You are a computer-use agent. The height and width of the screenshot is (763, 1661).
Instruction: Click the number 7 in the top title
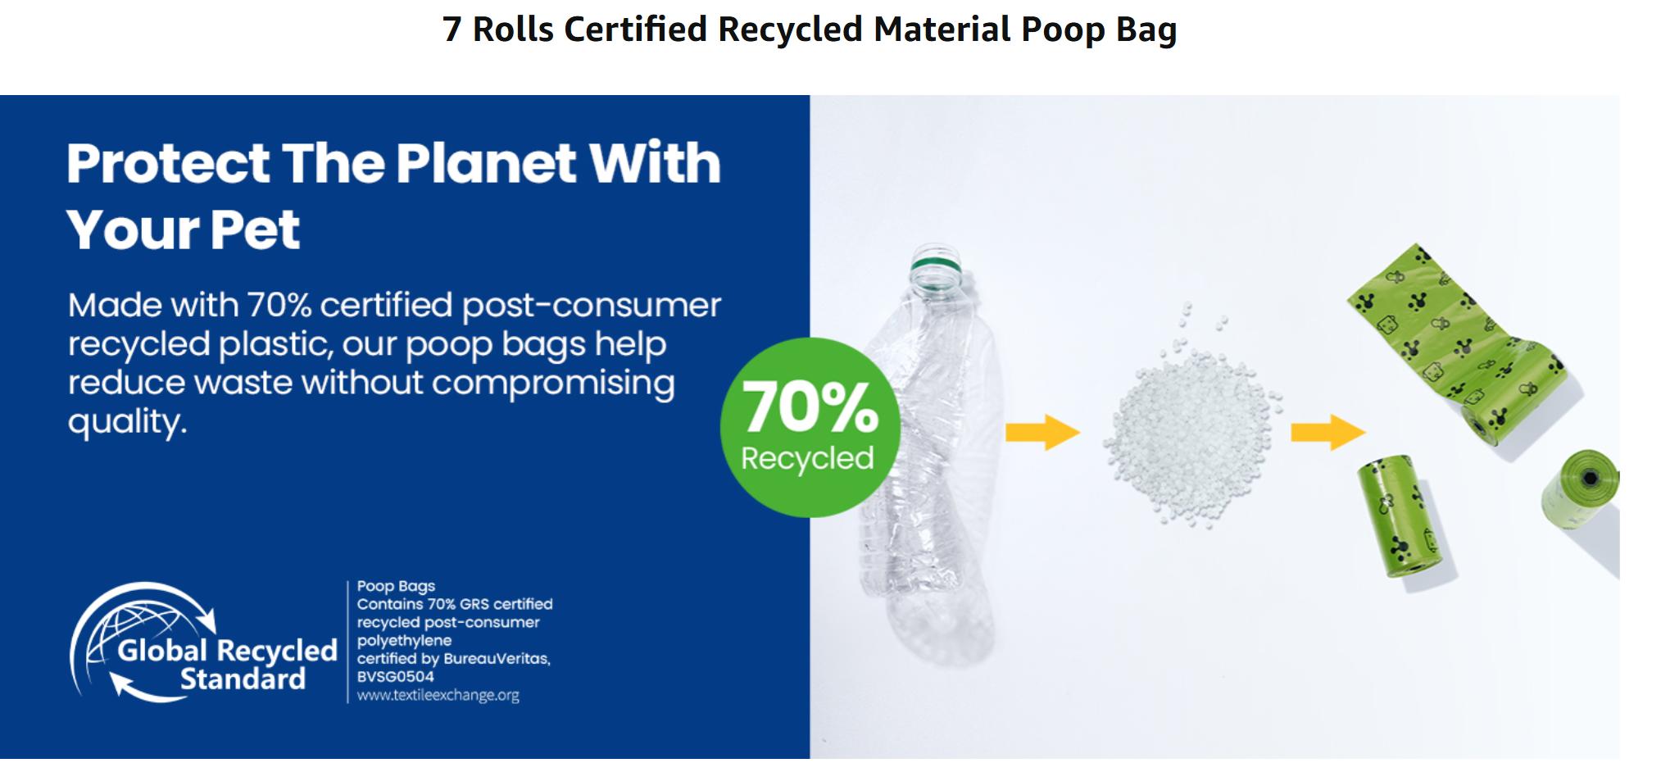pos(452,30)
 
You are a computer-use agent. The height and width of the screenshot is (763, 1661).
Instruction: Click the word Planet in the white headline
pos(487,162)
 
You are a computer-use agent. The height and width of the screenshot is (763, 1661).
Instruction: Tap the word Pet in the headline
pos(255,229)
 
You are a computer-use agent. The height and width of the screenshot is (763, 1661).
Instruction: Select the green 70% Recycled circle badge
pos(810,427)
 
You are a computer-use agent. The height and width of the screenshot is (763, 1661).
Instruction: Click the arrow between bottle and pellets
pos(1042,432)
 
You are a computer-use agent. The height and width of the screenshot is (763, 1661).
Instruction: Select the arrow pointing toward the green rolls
pos(1327,432)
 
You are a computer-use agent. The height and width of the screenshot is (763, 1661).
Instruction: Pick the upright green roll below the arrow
pos(1400,516)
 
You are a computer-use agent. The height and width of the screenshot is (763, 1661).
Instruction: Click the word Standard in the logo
pos(243,679)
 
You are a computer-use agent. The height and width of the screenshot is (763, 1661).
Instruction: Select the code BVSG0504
pos(396,677)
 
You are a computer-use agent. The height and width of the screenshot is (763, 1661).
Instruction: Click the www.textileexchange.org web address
pos(438,696)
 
